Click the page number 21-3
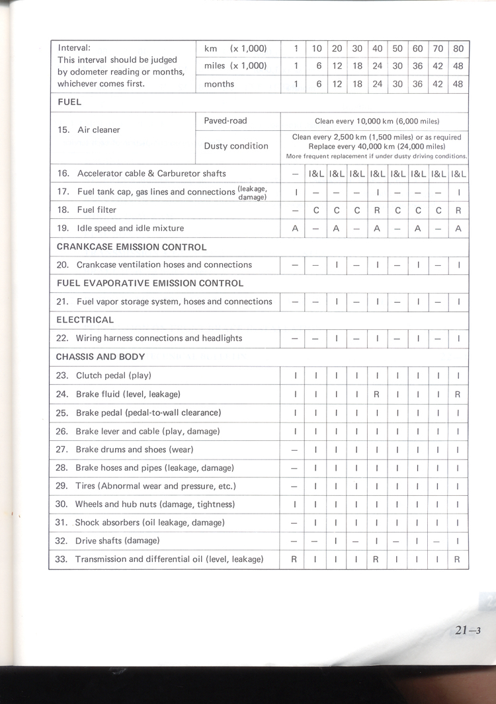[467, 630]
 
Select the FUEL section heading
[69, 102]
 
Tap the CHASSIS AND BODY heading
[101, 357]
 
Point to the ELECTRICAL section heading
[85, 320]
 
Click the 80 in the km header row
[458, 48]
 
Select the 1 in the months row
[296, 85]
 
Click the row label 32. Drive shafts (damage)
[108, 541]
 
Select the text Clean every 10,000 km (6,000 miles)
[377, 122]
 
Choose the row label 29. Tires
[146, 487]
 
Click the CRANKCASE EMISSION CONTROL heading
[131, 247]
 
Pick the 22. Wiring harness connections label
[149, 338]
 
